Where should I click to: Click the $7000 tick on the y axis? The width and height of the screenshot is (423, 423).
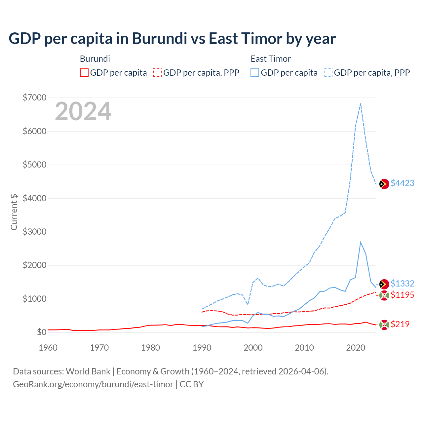[x=34, y=97]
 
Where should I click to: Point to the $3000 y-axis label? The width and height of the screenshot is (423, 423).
[x=34, y=232]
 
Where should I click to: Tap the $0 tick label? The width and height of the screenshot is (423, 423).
[x=41, y=332]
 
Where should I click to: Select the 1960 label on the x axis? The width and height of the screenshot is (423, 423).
[x=48, y=348]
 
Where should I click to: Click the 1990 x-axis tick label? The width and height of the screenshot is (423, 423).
[x=202, y=348]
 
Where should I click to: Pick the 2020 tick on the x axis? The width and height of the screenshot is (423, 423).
[x=355, y=348]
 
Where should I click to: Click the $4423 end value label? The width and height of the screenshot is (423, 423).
[x=402, y=183]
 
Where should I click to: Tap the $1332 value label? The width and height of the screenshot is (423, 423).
[x=402, y=284]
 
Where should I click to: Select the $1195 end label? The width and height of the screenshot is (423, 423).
[x=402, y=295]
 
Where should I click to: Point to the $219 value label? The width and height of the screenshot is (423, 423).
[x=400, y=324]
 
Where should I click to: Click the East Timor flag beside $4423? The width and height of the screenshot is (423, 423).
[x=384, y=184]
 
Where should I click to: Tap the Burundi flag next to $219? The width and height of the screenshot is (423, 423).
[x=384, y=325]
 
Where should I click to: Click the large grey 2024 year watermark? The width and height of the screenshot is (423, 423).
[x=83, y=112]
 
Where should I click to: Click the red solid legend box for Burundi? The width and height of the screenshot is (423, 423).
[x=84, y=73]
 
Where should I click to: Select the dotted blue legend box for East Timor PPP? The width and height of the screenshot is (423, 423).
[x=328, y=73]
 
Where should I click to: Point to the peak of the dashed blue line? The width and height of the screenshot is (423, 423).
[x=361, y=103]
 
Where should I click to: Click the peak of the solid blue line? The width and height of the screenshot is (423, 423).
[x=361, y=242]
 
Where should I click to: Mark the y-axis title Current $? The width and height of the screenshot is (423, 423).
[x=14, y=212]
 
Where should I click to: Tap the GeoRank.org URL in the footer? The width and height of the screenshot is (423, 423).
[x=93, y=384]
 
